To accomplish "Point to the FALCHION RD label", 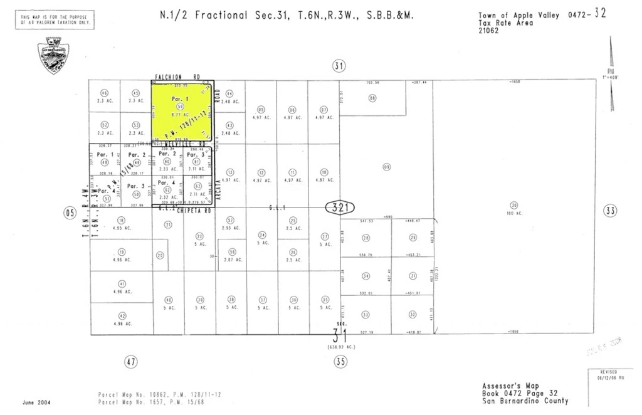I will tap(177, 77).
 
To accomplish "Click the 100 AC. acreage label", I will tap(515, 213).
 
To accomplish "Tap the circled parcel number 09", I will tap(387, 167).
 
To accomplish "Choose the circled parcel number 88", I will tap(372, 98).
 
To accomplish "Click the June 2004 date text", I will tap(36, 402).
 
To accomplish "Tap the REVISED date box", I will tap(608, 375).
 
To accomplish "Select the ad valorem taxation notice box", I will tap(55, 21).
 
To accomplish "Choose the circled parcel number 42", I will tap(122, 315).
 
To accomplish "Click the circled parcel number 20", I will tap(160, 255).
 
